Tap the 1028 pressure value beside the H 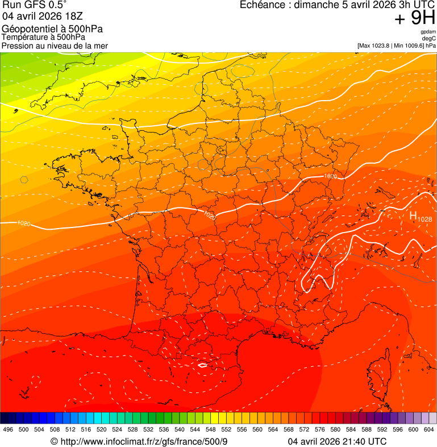(x=424, y=219)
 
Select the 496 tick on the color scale (x=8, y=429)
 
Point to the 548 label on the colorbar (x=210, y=429)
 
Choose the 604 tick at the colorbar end (x=428, y=429)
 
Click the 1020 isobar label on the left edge (x=23, y=223)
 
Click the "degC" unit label (x=429, y=39)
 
